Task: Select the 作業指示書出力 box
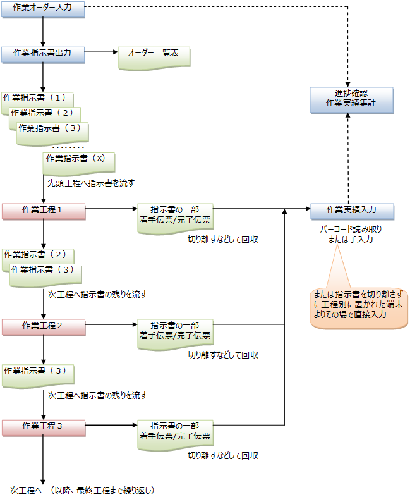point(42,54)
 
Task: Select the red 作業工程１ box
point(42,210)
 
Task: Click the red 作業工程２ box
point(42,326)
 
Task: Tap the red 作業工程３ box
point(42,426)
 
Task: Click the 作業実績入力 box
point(351,210)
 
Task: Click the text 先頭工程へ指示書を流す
point(91,183)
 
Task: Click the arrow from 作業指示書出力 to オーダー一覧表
point(100,54)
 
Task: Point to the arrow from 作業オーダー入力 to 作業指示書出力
point(42,30)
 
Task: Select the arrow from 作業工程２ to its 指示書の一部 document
point(111,326)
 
